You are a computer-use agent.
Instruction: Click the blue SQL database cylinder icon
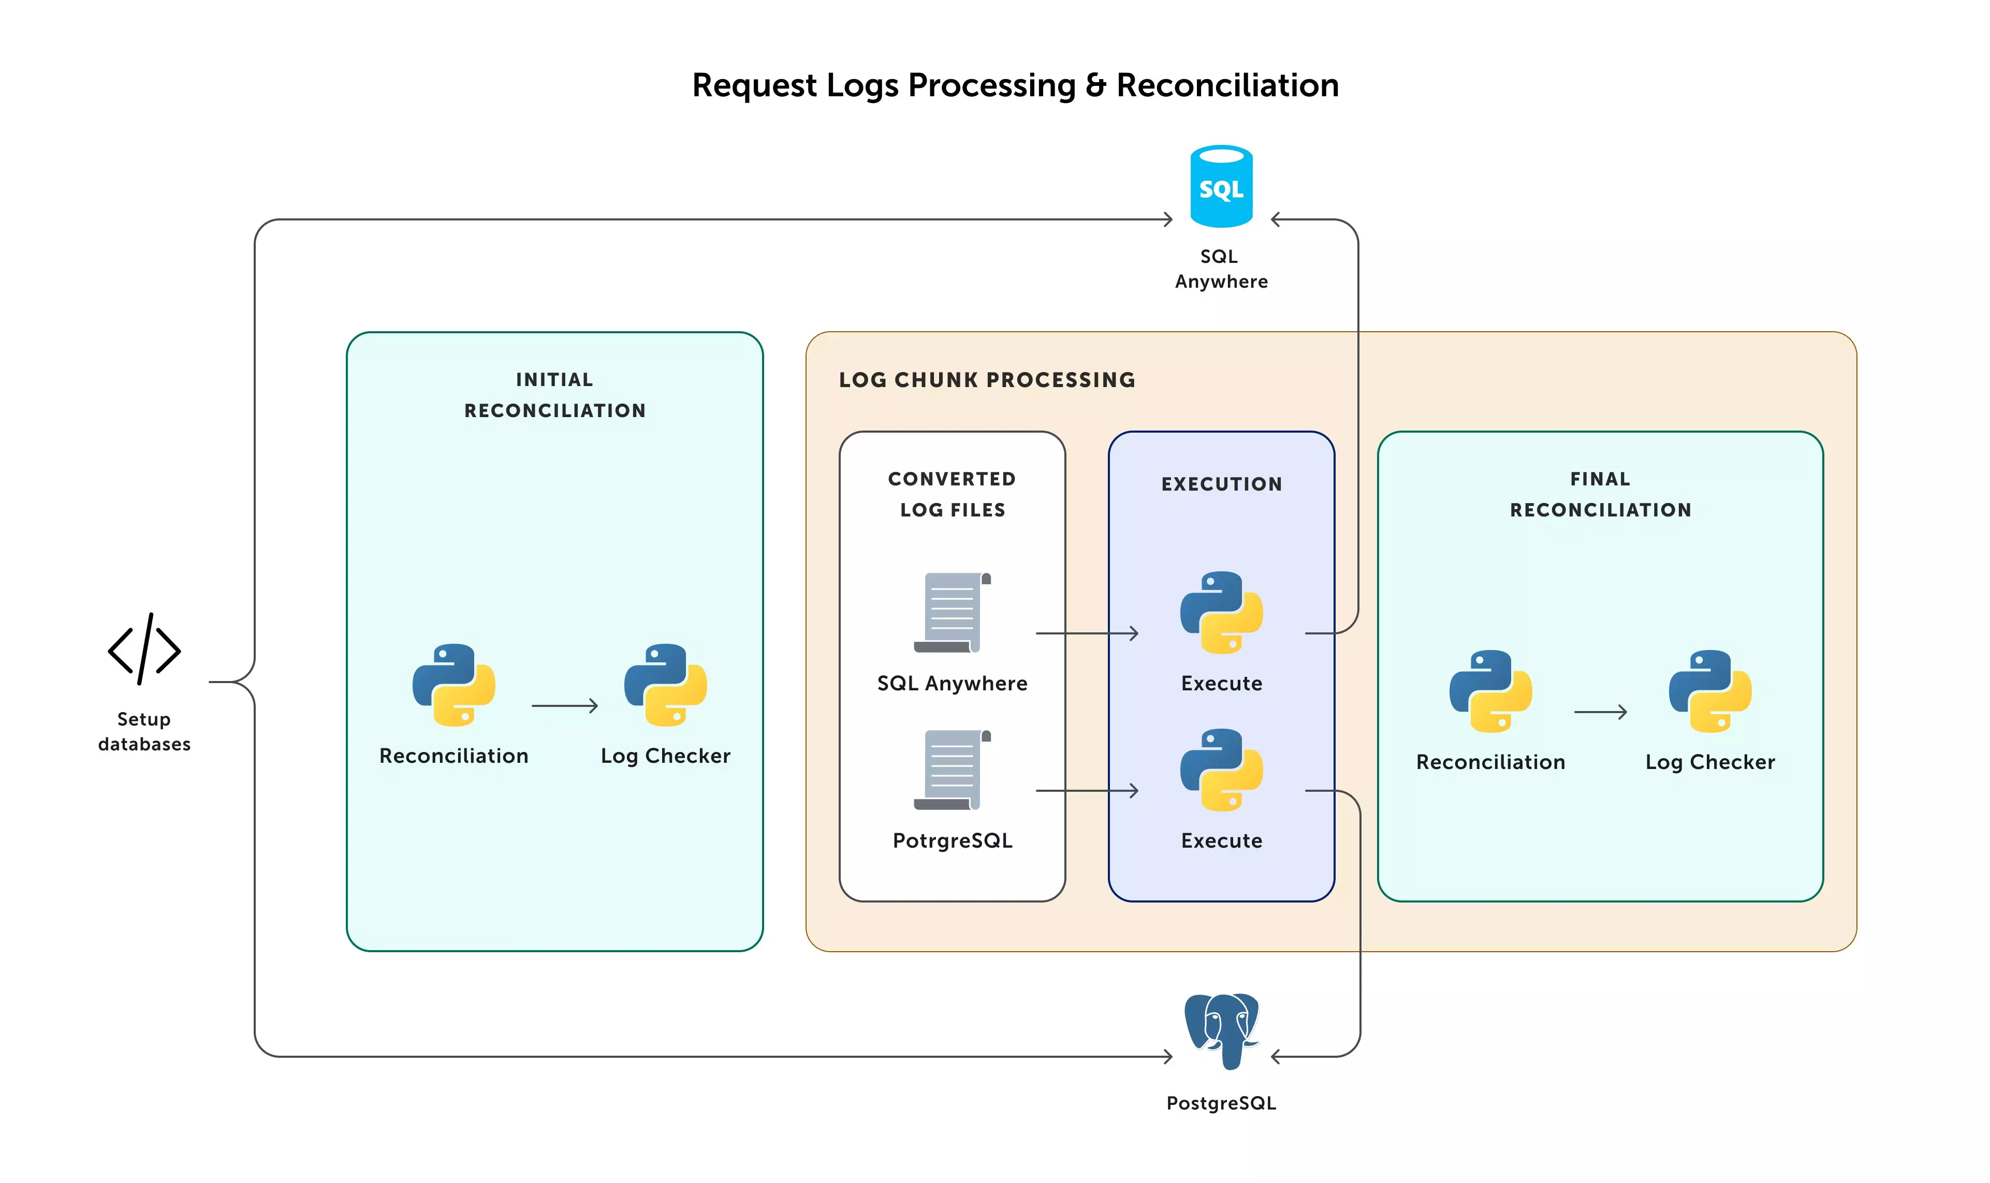[1221, 186]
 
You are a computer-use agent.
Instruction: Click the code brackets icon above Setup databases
[144, 649]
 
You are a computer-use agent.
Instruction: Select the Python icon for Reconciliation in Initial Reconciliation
[453, 685]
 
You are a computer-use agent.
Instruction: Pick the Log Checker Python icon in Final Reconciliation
[1709, 691]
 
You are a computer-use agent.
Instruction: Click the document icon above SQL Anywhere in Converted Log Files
[952, 612]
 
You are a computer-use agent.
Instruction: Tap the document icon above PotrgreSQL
[952, 770]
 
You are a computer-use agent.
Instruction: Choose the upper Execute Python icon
[1221, 612]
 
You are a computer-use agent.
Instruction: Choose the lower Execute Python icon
[1221, 770]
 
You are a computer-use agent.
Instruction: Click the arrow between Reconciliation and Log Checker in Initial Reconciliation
[564, 705]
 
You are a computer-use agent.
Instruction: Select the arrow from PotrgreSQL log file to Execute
[1087, 790]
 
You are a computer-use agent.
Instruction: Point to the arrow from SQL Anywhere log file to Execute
[1087, 633]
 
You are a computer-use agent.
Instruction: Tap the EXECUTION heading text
[1221, 484]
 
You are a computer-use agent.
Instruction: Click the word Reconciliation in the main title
[1226, 85]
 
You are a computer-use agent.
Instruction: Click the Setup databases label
[144, 731]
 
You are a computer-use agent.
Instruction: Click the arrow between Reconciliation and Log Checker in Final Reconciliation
[1599, 712]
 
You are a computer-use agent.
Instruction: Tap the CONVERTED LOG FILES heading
[952, 494]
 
